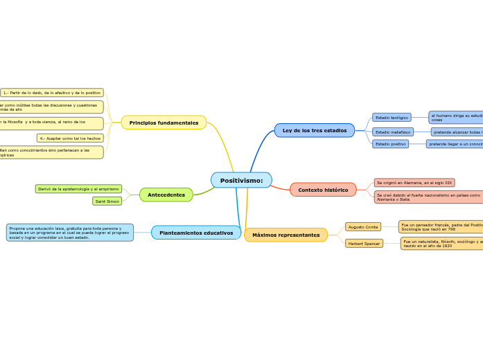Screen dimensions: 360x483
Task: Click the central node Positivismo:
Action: (x=241, y=180)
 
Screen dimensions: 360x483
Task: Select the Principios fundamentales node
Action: (x=164, y=123)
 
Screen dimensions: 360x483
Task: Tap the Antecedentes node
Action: (x=166, y=195)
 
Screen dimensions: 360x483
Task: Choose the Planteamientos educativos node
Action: (x=196, y=233)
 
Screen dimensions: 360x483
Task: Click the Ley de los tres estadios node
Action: (x=315, y=130)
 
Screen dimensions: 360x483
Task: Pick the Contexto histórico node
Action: (x=323, y=190)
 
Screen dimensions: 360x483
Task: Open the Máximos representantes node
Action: (x=286, y=235)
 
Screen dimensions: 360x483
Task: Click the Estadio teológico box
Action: (x=392, y=118)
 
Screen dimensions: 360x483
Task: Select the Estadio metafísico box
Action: (x=393, y=132)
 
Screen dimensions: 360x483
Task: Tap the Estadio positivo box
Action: (x=391, y=144)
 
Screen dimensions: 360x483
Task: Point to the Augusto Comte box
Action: (x=363, y=226)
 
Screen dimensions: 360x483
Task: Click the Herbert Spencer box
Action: (x=364, y=243)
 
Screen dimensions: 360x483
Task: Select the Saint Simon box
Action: (x=107, y=201)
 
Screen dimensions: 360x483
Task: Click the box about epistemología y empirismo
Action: (x=78, y=188)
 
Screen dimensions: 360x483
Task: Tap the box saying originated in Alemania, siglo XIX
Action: (x=414, y=183)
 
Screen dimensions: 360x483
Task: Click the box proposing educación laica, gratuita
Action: (x=69, y=233)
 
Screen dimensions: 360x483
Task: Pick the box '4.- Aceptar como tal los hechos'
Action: (x=70, y=138)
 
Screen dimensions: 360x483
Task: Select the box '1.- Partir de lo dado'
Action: (x=52, y=92)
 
